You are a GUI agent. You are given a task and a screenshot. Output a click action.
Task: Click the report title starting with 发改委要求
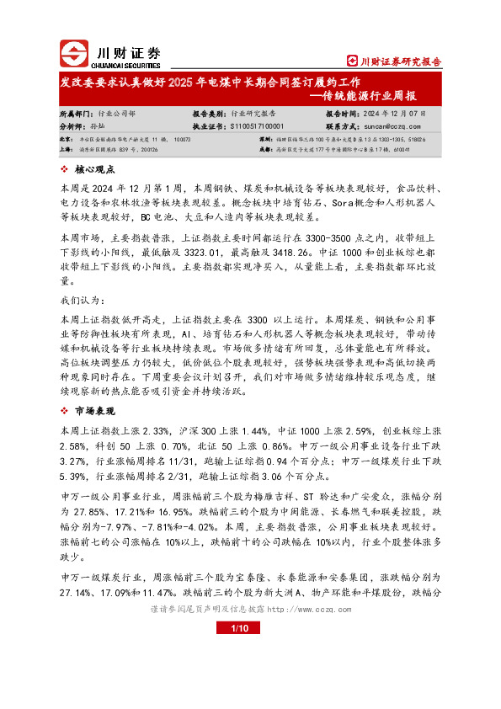pyautogui.click(x=211, y=83)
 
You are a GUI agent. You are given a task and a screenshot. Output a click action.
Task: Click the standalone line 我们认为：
pyautogui.click(x=81, y=301)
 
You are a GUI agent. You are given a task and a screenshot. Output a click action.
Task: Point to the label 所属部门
pyautogui.click(x=77, y=111)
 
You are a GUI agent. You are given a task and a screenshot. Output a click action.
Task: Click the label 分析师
pyautogui.click(x=74, y=125)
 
